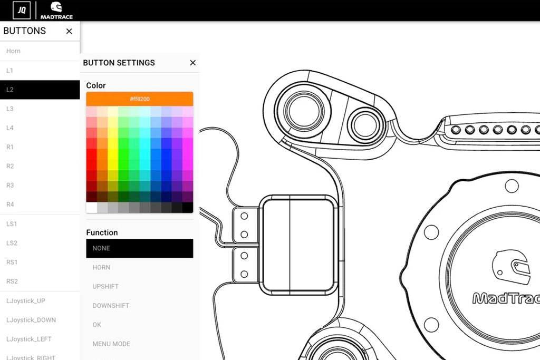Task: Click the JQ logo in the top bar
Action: [x=22, y=10]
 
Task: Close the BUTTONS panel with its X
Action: [x=69, y=31]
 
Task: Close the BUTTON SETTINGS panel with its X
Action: [x=192, y=63]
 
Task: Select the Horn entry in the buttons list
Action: [x=14, y=51]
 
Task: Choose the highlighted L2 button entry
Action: [x=40, y=90]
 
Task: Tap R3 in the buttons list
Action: [x=10, y=186]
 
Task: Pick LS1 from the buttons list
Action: [x=12, y=224]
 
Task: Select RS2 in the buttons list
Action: [x=12, y=281]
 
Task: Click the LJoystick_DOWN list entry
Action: [x=31, y=320]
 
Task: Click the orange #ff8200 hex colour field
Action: [x=140, y=99]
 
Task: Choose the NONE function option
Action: [x=139, y=248]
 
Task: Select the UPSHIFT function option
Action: [x=105, y=287]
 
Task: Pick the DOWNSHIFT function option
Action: [x=111, y=306]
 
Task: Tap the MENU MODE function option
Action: [x=111, y=344]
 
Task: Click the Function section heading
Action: [x=102, y=232]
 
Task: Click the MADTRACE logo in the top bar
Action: [x=56, y=10]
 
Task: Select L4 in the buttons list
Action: [x=10, y=128]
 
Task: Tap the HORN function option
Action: [x=101, y=268]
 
